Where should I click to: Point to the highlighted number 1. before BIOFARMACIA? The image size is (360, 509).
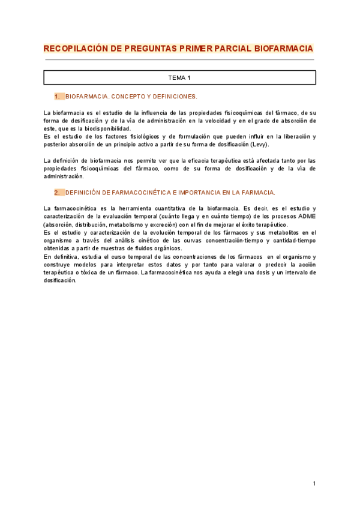(58, 96)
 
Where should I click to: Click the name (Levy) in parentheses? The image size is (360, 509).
(260, 144)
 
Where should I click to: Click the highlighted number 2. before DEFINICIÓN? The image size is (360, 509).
(58, 193)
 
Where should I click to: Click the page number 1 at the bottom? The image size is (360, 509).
(314, 483)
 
